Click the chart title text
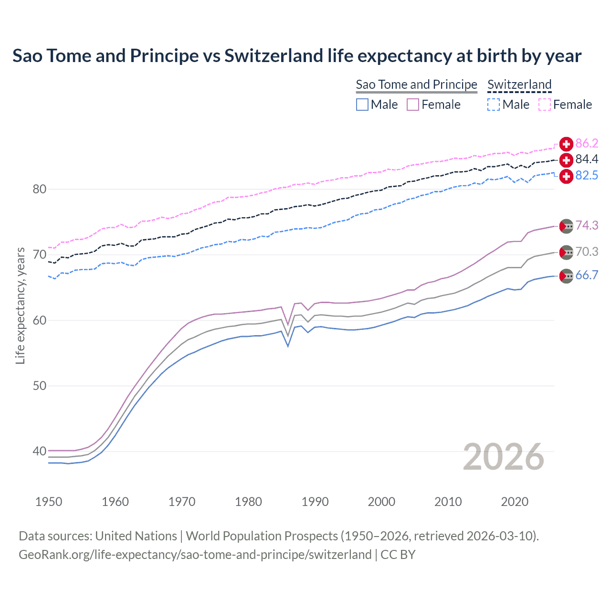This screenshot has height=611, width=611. pyautogui.click(x=296, y=56)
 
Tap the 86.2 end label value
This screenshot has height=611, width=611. pyautogui.click(x=587, y=143)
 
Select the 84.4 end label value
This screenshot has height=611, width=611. pyautogui.click(x=587, y=159)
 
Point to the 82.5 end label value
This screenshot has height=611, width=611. pyautogui.click(x=587, y=175)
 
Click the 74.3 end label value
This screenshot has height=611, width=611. pyautogui.click(x=587, y=225)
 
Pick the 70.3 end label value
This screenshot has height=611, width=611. pyautogui.click(x=587, y=252)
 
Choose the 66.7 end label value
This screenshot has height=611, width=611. pyautogui.click(x=587, y=275)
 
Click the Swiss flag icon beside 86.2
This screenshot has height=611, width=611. pyautogui.click(x=566, y=144)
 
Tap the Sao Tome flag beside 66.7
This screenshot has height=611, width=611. pyautogui.click(x=566, y=275)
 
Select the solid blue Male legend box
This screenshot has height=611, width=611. pyautogui.click(x=362, y=105)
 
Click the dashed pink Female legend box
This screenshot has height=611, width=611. pyautogui.click(x=545, y=105)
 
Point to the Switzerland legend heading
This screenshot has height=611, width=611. pyautogui.click(x=519, y=84)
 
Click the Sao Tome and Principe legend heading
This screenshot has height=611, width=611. pyautogui.click(x=416, y=84)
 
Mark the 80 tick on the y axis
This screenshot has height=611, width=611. pyautogui.click(x=39, y=189)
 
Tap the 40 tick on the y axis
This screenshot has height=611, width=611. pyautogui.click(x=39, y=451)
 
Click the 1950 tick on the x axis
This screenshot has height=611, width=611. pyautogui.click(x=49, y=502)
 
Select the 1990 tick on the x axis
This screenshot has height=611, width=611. pyautogui.click(x=315, y=502)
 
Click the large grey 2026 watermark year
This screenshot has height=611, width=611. pyautogui.click(x=504, y=457)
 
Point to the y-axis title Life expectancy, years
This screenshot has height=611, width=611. pyautogui.click(x=20, y=305)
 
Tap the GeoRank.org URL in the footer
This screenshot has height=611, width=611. pyautogui.click(x=195, y=555)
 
